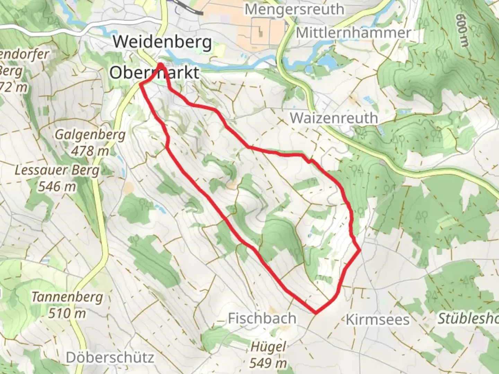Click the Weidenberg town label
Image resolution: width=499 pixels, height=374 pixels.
pyautogui.click(x=162, y=42)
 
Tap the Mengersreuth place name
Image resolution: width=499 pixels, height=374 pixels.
pyautogui.click(x=295, y=9)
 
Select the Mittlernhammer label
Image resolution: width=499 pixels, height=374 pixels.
pyautogui.click(x=353, y=33)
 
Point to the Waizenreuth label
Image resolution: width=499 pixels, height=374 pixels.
pyautogui.click(x=334, y=118)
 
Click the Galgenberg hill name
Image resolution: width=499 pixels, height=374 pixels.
pyautogui.click(x=90, y=134)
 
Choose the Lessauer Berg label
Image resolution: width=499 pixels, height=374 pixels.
pyautogui.click(x=57, y=170)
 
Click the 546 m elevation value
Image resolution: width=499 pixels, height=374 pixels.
pyautogui.click(x=57, y=186)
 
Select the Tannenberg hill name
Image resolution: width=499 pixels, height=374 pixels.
pyautogui.click(x=67, y=297)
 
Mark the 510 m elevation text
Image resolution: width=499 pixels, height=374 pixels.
pyautogui.click(x=67, y=313)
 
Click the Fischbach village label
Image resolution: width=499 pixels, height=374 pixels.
pyautogui.click(x=262, y=318)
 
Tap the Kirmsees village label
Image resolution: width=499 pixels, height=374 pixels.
pyautogui.click(x=378, y=320)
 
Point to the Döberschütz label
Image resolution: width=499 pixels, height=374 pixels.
pyautogui.click(x=110, y=357)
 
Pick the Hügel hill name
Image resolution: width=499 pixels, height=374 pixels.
pyautogui.click(x=269, y=347)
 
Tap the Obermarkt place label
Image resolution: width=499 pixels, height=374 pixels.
pyautogui.click(x=155, y=73)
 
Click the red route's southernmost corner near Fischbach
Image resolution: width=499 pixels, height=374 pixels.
pyautogui.click(x=316, y=313)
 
